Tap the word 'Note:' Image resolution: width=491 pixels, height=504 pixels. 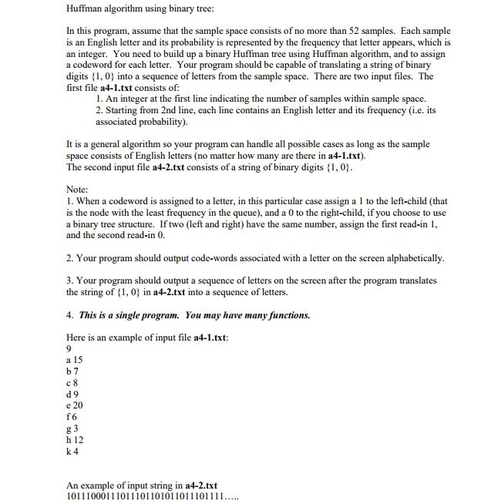[x=78, y=189]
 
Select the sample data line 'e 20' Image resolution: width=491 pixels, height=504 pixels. [x=75, y=405]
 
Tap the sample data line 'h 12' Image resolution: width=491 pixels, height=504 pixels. [x=76, y=439]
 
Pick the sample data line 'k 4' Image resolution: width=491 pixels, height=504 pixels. [x=72, y=451]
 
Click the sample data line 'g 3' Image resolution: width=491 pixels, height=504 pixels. [x=72, y=428]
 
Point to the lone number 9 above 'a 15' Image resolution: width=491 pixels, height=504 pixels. [x=70, y=349]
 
